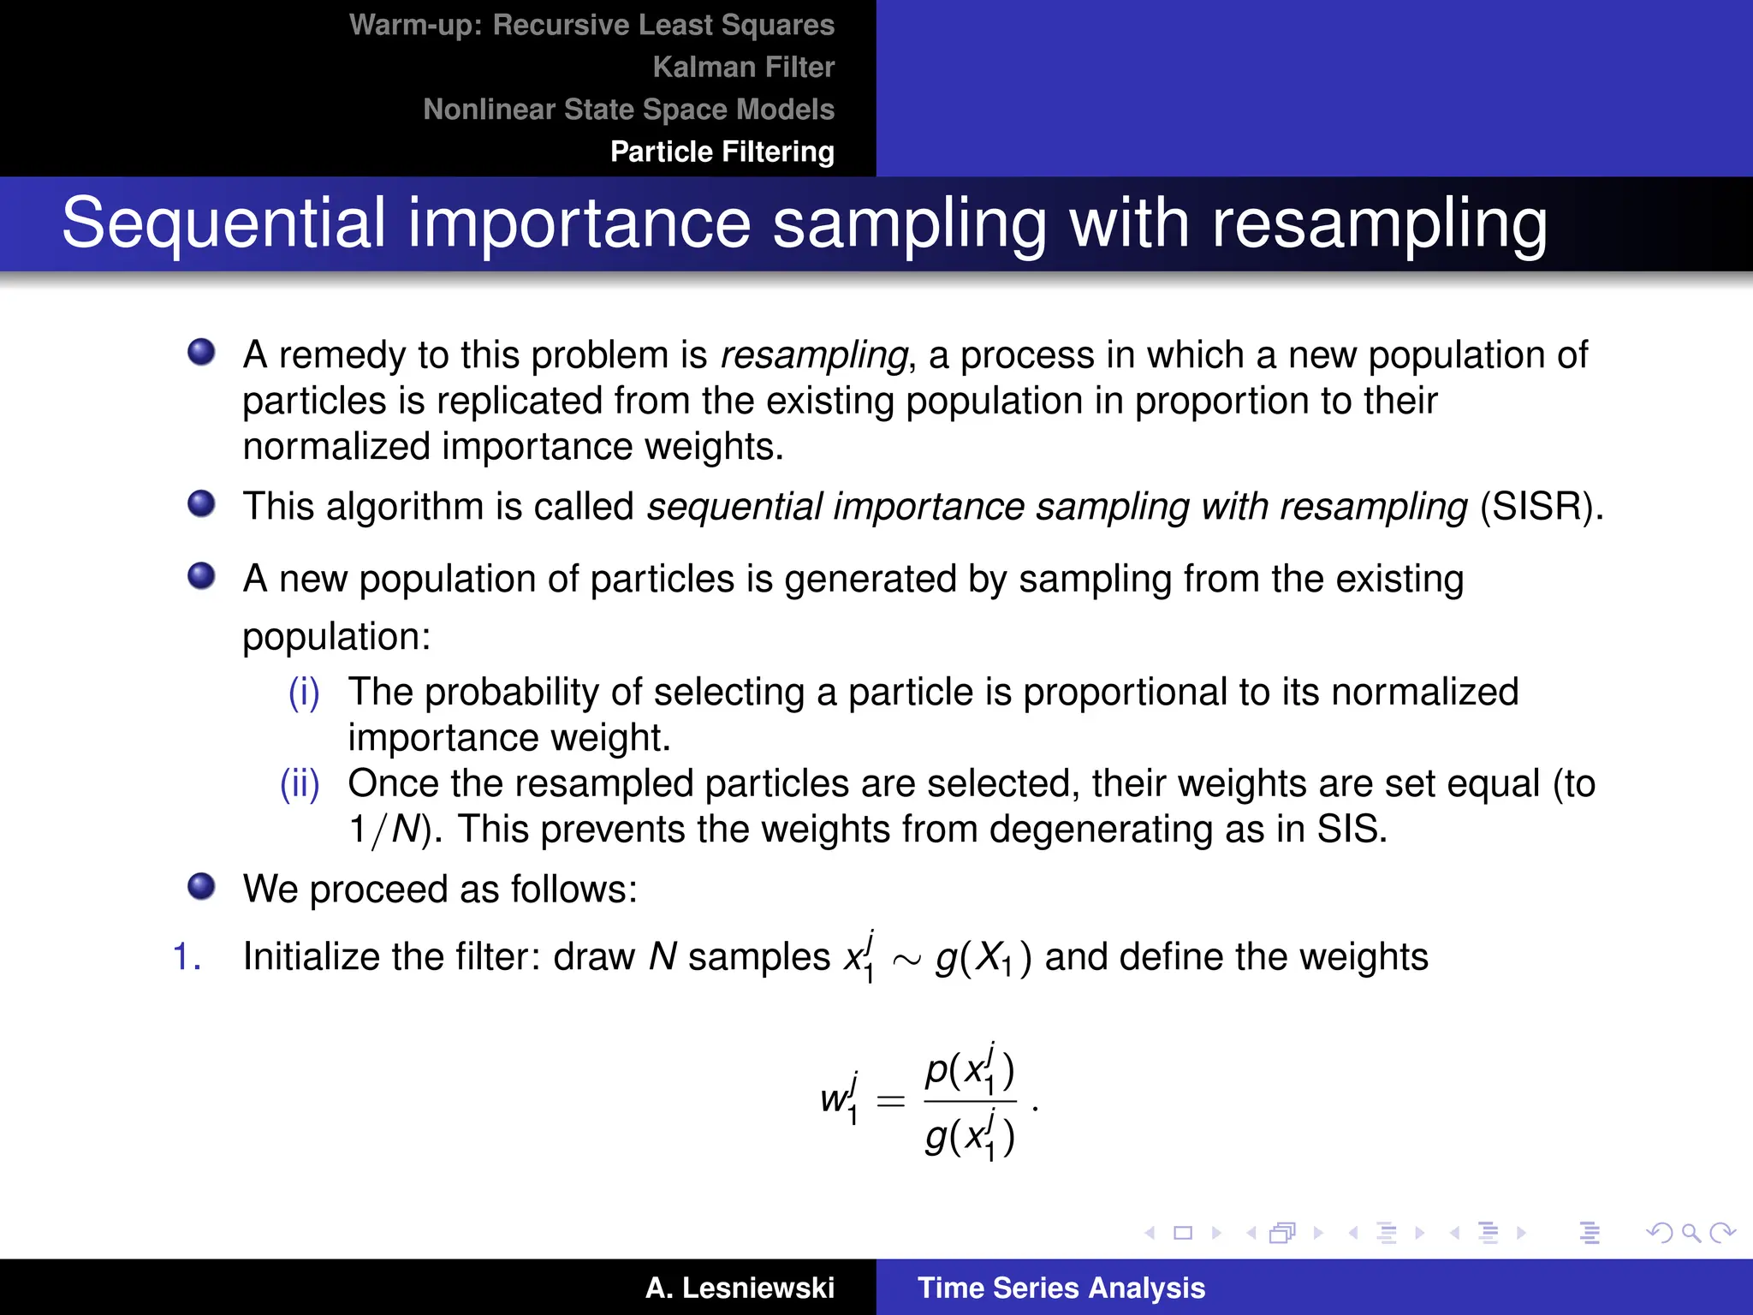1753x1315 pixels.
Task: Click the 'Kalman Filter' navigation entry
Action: tap(743, 67)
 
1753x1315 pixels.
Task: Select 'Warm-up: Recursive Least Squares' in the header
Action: tap(591, 25)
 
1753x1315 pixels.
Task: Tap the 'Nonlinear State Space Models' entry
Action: tap(628, 110)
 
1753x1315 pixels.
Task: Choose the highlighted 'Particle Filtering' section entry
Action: tap(722, 152)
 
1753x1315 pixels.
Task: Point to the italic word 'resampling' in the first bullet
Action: tap(813, 355)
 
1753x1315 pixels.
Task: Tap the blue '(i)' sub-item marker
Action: tap(304, 692)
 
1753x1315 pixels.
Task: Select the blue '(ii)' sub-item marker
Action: tap(300, 783)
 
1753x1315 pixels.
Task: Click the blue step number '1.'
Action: tap(187, 957)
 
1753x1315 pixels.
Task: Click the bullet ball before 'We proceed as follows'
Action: tap(201, 886)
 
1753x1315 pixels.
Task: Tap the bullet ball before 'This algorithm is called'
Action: tap(201, 503)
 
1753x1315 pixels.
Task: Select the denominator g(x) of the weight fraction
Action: tap(970, 1137)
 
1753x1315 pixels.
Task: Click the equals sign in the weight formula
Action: tap(890, 1101)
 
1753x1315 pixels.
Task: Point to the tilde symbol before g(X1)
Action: tap(906, 961)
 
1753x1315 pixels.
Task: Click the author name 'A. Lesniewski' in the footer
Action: tap(740, 1288)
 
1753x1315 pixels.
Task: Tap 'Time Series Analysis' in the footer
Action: tap(1061, 1288)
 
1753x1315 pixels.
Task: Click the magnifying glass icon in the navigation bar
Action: tap(1691, 1233)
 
